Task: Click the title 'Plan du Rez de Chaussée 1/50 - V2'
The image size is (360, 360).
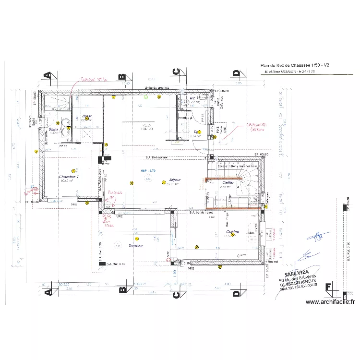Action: pyautogui.click(x=294, y=65)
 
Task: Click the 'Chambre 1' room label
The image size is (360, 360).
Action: pyautogui.click(x=69, y=177)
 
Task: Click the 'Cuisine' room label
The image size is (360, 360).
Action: pyautogui.click(x=233, y=231)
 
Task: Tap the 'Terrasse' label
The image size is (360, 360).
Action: pyautogui.click(x=135, y=246)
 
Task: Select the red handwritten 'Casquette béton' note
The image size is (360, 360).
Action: pyautogui.click(x=257, y=126)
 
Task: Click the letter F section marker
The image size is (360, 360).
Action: pyautogui.click(x=328, y=288)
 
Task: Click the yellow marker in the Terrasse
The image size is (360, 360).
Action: pyautogui.click(x=137, y=238)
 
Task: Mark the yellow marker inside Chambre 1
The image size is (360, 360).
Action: pyautogui.click(x=73, y=170)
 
